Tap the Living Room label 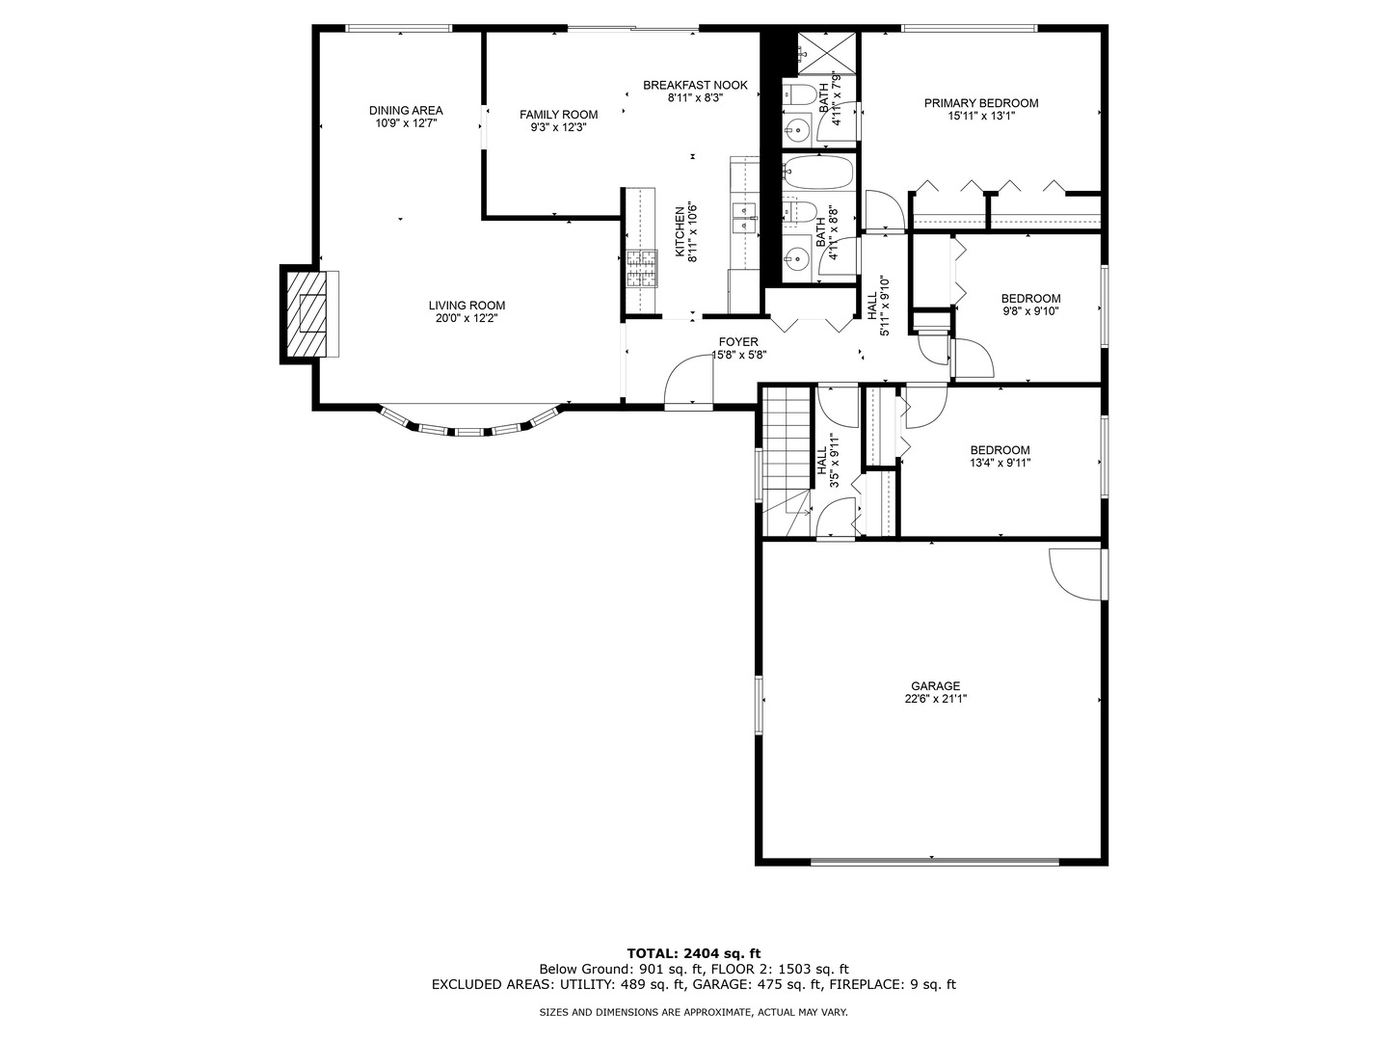coord(467,306)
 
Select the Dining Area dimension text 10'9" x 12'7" coord(406,123)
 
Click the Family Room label coord(558,115)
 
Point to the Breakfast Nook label coord(695,85)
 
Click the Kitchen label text coord(680,231)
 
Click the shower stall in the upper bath coord(827,52)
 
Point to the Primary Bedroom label coord(980,103)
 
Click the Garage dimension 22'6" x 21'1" coord(935,700)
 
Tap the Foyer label coord(738,342)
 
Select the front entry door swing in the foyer coord(689,383)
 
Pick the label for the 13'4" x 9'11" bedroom coord(1000,450)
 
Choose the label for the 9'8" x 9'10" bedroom coord(1029,299)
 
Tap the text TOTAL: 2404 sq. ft coord(694,953)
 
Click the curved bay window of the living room coord(469,426)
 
